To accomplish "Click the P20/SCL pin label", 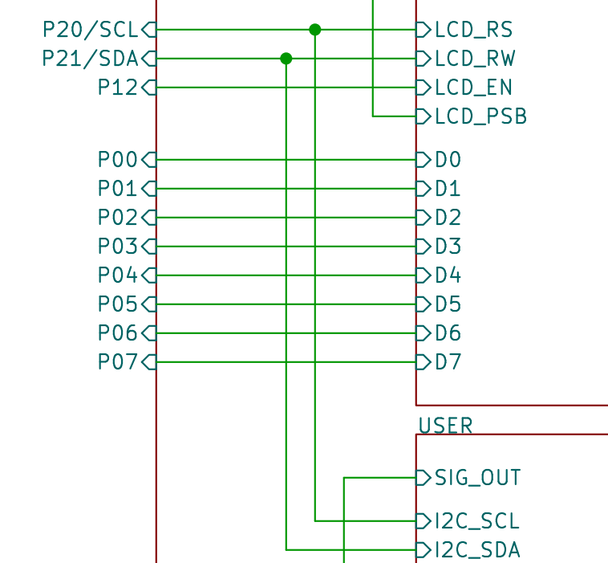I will click(91, 30).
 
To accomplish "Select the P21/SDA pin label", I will click(91, 59).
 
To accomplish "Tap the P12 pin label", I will click(118, 88).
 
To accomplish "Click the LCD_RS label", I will click(473, 30).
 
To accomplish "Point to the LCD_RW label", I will click(475, 59).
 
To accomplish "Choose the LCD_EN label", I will click(473, 88).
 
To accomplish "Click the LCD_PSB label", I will click(480, 116).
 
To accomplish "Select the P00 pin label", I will click(118, 160).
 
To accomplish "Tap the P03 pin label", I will click(118, 247).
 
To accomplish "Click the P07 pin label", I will click(118, 362).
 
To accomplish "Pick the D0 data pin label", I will click(448, 160).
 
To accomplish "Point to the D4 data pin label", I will click(448, 275).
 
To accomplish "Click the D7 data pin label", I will click(448, 362).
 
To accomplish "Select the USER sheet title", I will click(445, 425).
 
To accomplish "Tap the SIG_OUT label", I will click(477, 479).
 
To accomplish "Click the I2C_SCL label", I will click(476, 521).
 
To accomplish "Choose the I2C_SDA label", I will click(476, 550).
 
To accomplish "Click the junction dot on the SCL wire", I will click(315, 30).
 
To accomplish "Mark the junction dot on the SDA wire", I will click(286, 59).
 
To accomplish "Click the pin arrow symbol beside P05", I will click(148, 304).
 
